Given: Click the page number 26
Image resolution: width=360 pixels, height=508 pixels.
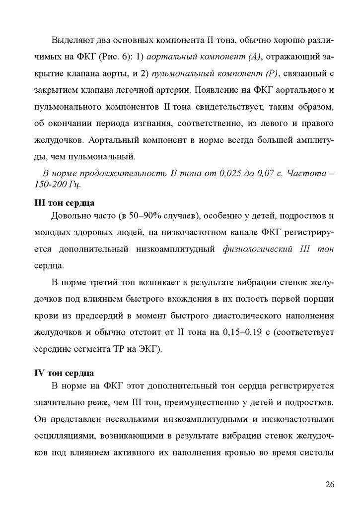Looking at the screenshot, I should click(330, 485).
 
